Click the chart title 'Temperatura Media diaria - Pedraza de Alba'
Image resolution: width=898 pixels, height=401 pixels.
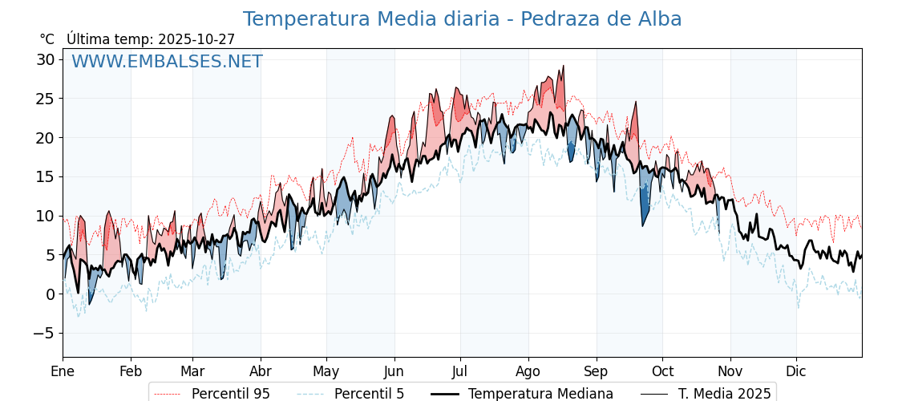[462, 19]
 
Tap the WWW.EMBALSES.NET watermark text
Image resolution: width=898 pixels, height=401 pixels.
[167, 62]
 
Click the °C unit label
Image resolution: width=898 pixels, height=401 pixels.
[47, 39]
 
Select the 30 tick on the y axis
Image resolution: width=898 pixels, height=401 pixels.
[45, 59]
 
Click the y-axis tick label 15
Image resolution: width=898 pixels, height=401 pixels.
[45, 176]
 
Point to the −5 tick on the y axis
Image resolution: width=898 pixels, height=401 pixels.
[45, 333]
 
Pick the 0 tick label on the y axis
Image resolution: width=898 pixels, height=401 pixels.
[50, 294]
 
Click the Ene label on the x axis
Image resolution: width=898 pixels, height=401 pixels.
[63, 371]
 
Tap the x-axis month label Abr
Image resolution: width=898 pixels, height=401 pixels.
[261, 371]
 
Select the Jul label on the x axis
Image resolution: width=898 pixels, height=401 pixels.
[460, 371]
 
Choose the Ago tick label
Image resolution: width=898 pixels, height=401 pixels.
[528, 371]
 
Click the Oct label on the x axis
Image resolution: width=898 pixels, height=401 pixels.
[662, 371]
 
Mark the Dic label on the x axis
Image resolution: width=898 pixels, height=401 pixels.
[796, 371]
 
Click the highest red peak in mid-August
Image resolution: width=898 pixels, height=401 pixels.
[563, 67]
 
